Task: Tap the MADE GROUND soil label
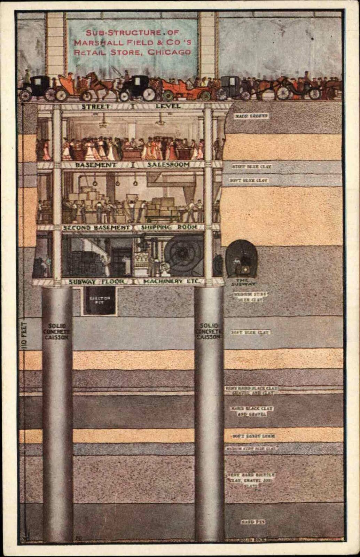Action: (251, 116)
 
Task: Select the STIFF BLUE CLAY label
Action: (251, 167)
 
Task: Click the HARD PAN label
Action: (252, 522)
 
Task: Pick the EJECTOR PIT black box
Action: (100, 301)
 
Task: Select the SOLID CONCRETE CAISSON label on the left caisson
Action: (57, 331)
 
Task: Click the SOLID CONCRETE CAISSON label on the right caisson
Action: (209, 331)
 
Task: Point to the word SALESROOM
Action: (168, 165)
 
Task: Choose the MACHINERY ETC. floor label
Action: (168, 281)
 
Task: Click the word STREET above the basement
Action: (96, 107)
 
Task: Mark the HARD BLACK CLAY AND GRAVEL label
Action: (251, 411)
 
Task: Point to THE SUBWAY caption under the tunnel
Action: (242, 282)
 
